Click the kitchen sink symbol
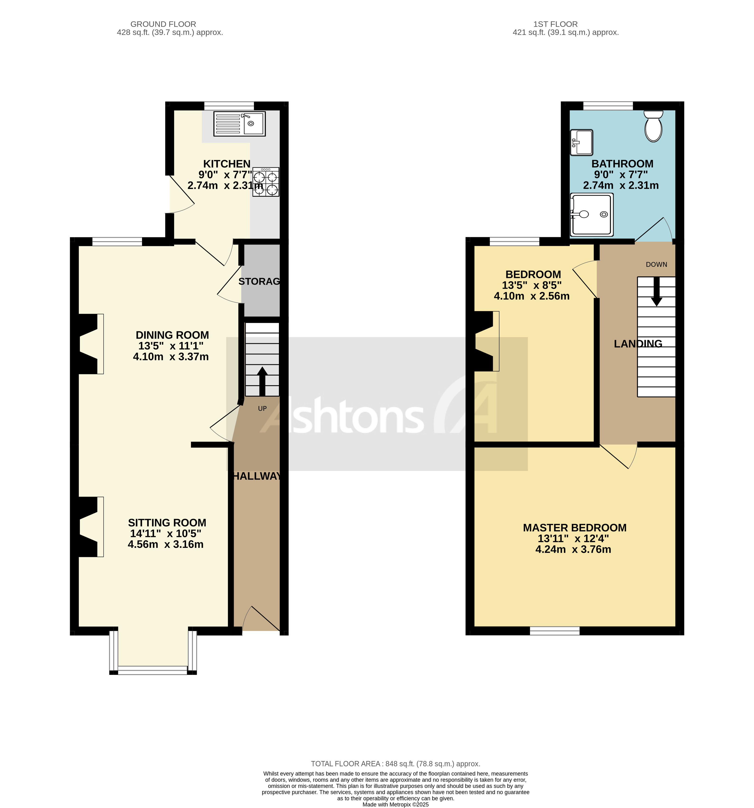[240, 124]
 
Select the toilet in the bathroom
[653, 127]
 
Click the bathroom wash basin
[581, 142]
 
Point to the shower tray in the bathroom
[592, 215]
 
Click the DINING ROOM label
[172, 335]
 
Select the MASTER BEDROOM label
[574, 528]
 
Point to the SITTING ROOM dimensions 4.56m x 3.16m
[166, 544]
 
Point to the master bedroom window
[555, 630]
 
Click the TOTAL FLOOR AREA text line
[395, 764]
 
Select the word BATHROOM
[622, 164]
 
